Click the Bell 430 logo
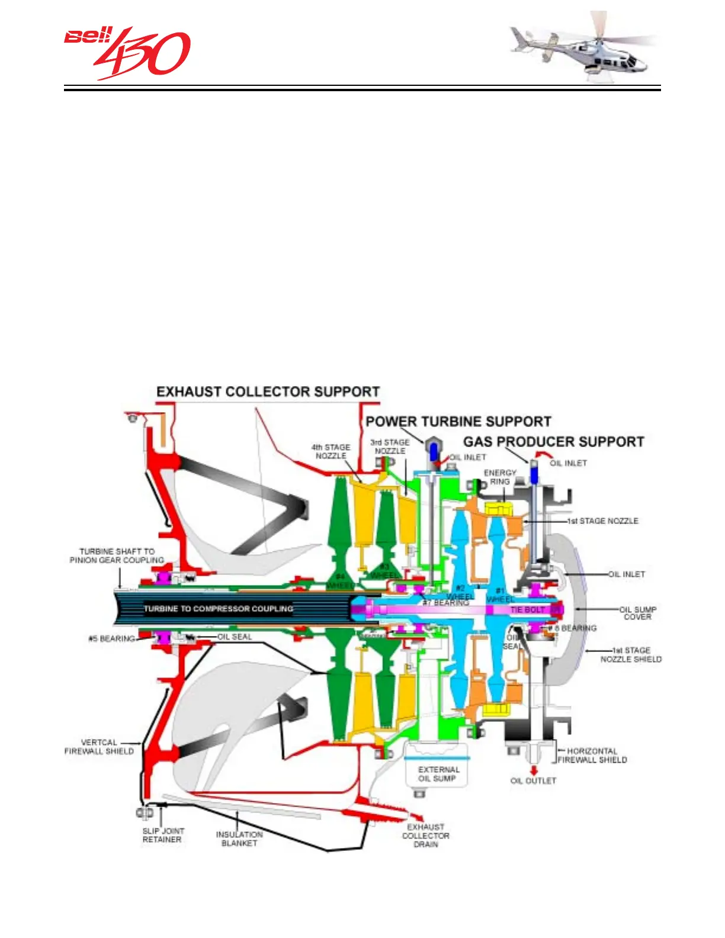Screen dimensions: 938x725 (x=127, y=52)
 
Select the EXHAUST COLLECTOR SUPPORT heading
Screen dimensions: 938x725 (x=268, y=392)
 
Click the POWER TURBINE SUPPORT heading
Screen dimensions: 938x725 (x=458, y=422)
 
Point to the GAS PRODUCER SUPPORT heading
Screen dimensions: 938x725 (x=553, y=442)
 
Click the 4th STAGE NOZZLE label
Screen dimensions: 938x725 (x=331, y=451)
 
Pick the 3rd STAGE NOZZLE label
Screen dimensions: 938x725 (x=390, y=446)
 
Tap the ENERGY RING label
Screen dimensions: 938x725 (x=500, y=477)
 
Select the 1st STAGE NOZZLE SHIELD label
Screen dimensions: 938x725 (x=631, y=654)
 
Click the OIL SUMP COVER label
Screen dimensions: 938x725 (x=637, y=613)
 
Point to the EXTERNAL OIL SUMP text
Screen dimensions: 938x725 (x=438, y=774)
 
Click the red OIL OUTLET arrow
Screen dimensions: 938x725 (x=534, y=770)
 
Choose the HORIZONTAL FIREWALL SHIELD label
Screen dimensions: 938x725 (x=592, y=755)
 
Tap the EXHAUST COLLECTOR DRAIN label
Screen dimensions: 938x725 (x=425, y=836)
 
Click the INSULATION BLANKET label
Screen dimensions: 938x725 (x=239, y=839)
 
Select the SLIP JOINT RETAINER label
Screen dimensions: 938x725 (x=162, y=835)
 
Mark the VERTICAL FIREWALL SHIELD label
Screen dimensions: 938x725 (x=99, y=747)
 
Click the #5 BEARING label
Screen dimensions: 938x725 (x=111, y=638)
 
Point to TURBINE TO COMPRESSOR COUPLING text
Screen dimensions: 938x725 (x=219, y=609)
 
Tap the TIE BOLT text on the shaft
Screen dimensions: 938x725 (x=527, y=609)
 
